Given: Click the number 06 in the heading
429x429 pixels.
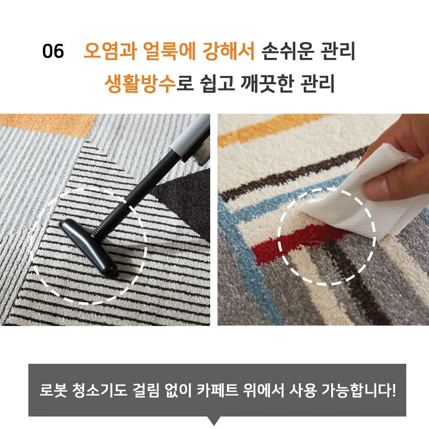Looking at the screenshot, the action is pyautogui.click(x=53, y=51).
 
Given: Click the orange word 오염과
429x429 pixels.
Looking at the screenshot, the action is pyautogui.click(x=110, y=51).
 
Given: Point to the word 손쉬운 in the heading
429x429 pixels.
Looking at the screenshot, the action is pyautogui.click(x=288, y=51).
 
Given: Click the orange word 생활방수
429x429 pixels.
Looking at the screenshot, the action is pyautogui.click(x=140, y=83).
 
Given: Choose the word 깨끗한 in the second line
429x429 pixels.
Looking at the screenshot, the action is pyautogui.click(x=267, y=83).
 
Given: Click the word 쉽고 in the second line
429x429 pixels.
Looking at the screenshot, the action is pyautogui.click(x=218, y=83).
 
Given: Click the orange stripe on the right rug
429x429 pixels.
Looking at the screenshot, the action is pyautogui.click(x=274, y=129).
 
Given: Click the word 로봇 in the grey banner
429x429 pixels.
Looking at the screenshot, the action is pyautogui.click(x=53, y=390).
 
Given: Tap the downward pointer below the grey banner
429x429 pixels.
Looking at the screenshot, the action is pyautogui.click(x=214, y=420).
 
